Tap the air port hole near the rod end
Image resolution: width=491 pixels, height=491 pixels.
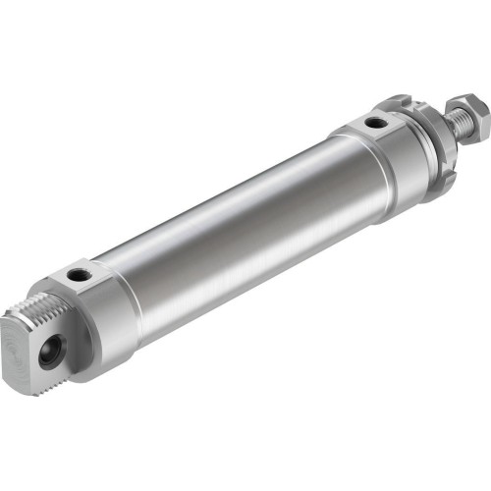[x=374, y=124]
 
